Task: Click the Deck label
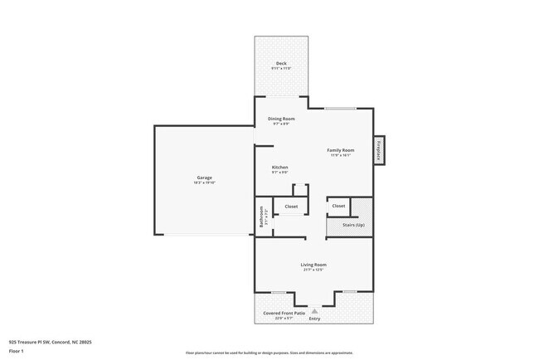(x=281, y=63)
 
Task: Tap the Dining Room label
(x=281, y=119)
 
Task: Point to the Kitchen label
(x=280, y=168)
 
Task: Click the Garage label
(x=205, y=178)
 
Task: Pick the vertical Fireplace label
(x=378, y=150)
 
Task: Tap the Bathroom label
(x=261, y=216)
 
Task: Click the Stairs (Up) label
(x=348, y=226)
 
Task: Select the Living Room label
(x=313, y=265)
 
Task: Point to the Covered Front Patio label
(x=279, y=313)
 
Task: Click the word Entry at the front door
(x=314, y=319)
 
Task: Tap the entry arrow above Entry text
(x=314, y=311)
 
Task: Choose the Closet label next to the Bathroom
(x=291, y=206)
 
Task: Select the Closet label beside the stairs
(x=338, y=206)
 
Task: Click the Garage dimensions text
(x=205, y=182)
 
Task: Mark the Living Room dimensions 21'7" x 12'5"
(x=313, y=270)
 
